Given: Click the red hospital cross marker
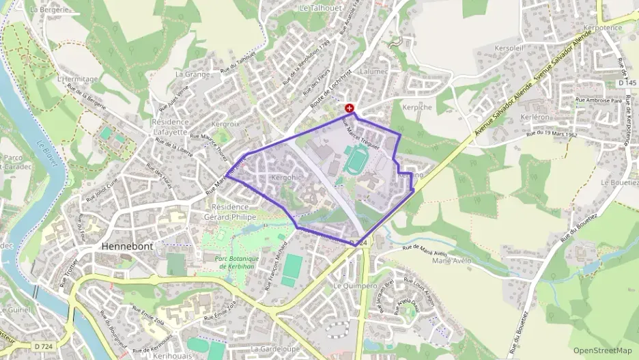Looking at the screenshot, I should (350, 108).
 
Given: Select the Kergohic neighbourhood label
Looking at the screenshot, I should (285, 177).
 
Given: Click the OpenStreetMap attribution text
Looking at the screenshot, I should (603, 350).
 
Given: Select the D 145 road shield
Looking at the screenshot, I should (626, 83).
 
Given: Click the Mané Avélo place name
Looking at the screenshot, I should (453, 260).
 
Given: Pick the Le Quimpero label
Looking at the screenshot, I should (355, 286).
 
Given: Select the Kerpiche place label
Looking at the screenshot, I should (417, 108).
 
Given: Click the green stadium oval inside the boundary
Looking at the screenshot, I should (355, 161).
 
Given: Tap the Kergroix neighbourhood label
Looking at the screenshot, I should (225, 124).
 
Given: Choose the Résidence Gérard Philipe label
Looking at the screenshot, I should (225, 212).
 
